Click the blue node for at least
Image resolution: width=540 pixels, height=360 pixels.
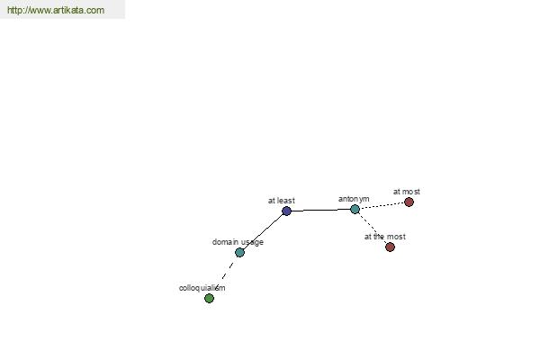286,211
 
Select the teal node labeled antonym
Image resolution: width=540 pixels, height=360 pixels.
355,209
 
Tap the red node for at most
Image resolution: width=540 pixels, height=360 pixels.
409,202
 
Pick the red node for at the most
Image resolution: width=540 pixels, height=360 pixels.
390,247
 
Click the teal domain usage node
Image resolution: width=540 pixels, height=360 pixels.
239,252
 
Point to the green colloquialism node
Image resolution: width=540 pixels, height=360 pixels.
209,298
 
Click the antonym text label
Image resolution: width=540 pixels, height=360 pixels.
354,199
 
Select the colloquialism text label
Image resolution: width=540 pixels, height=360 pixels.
202,288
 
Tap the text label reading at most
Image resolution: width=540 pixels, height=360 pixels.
407,192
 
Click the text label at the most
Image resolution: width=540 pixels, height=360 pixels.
385,237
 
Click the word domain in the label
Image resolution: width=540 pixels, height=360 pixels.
225,242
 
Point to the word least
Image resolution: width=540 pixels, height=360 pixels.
286,201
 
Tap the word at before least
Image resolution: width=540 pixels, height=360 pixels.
272,201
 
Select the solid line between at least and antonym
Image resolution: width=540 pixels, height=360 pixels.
320,210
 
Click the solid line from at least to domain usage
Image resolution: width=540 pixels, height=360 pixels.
263,231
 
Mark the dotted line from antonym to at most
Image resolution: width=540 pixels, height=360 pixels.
382,206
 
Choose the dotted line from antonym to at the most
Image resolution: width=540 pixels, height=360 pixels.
373,228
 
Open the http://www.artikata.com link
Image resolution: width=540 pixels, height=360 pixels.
56,10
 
